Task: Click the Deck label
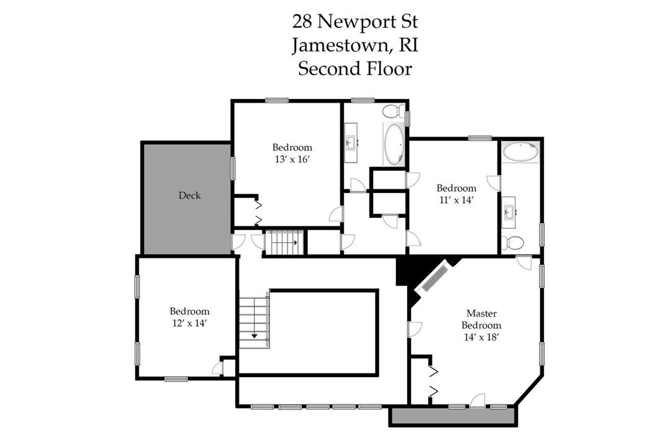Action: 189,195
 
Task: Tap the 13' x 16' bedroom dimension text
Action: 292,159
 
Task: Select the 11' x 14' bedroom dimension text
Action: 457,200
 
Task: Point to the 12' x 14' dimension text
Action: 189,323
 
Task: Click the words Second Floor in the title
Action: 355,68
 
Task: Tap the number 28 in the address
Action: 303,22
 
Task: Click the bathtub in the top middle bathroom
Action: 394,143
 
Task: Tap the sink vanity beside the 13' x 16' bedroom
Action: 351,143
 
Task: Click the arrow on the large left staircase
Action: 254,336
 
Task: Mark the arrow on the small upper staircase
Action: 296,242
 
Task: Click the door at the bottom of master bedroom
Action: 477,401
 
